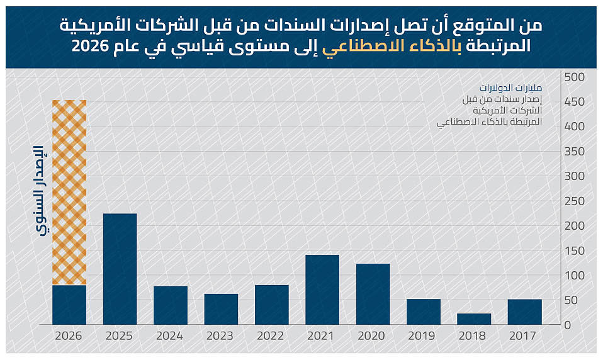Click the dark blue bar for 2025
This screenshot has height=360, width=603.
tap(120, 269)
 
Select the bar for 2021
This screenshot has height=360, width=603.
tap(322, 290)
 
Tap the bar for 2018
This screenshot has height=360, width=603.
tap(475, 319)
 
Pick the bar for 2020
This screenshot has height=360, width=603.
tap(373, 294)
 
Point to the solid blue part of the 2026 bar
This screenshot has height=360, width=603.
tap(69, 305)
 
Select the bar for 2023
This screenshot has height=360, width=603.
tap(221, 309)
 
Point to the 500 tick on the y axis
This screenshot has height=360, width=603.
tap(575, 77)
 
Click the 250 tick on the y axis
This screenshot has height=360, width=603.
tap(575, 201)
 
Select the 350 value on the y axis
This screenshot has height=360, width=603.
tap(575, 151)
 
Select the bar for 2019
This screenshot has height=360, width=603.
tap(424, 312)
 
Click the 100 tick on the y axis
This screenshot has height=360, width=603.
tap(575, 275)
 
